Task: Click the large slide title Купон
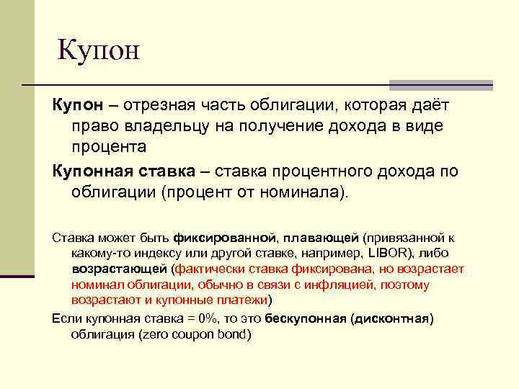[97, 50]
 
